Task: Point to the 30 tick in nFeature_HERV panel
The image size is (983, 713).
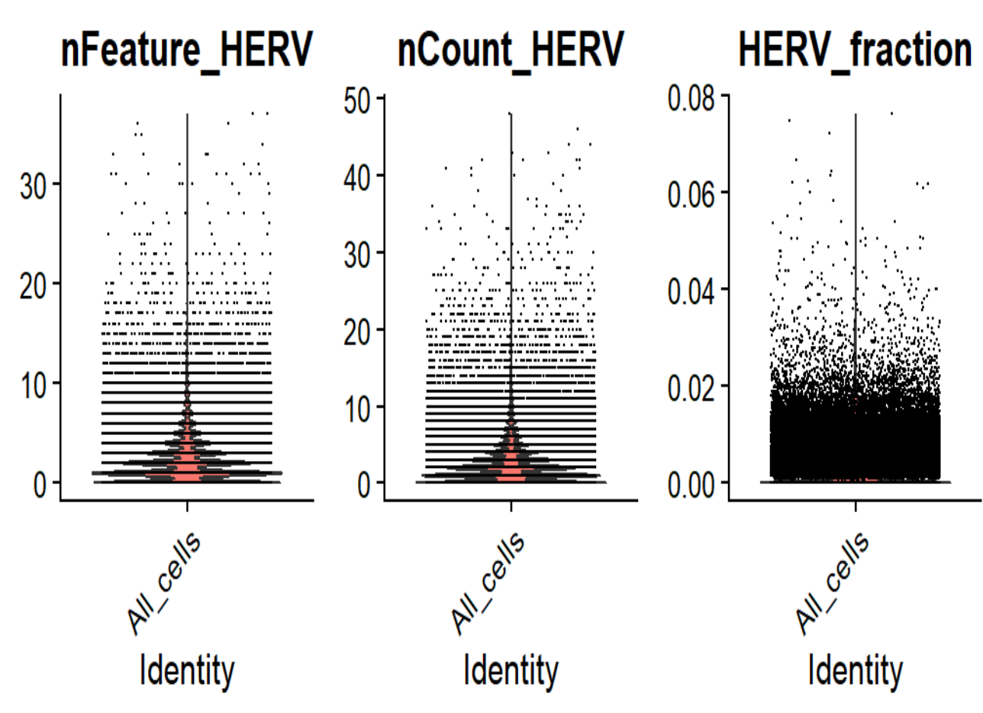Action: click(x=34, y=184)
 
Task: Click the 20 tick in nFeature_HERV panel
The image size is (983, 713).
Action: click(x=34, y=283)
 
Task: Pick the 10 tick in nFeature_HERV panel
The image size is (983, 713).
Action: click(x=34, y=382)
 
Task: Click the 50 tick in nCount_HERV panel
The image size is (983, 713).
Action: click(x=357, y=98)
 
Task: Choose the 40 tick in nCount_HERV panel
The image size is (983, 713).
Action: click(x=357, y=175)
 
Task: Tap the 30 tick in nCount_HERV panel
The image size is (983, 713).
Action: click(x=357, y=252)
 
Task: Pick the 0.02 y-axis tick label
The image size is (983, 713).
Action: click(x=691, y=386)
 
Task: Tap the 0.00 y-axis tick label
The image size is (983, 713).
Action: click(x=691, y=482)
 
